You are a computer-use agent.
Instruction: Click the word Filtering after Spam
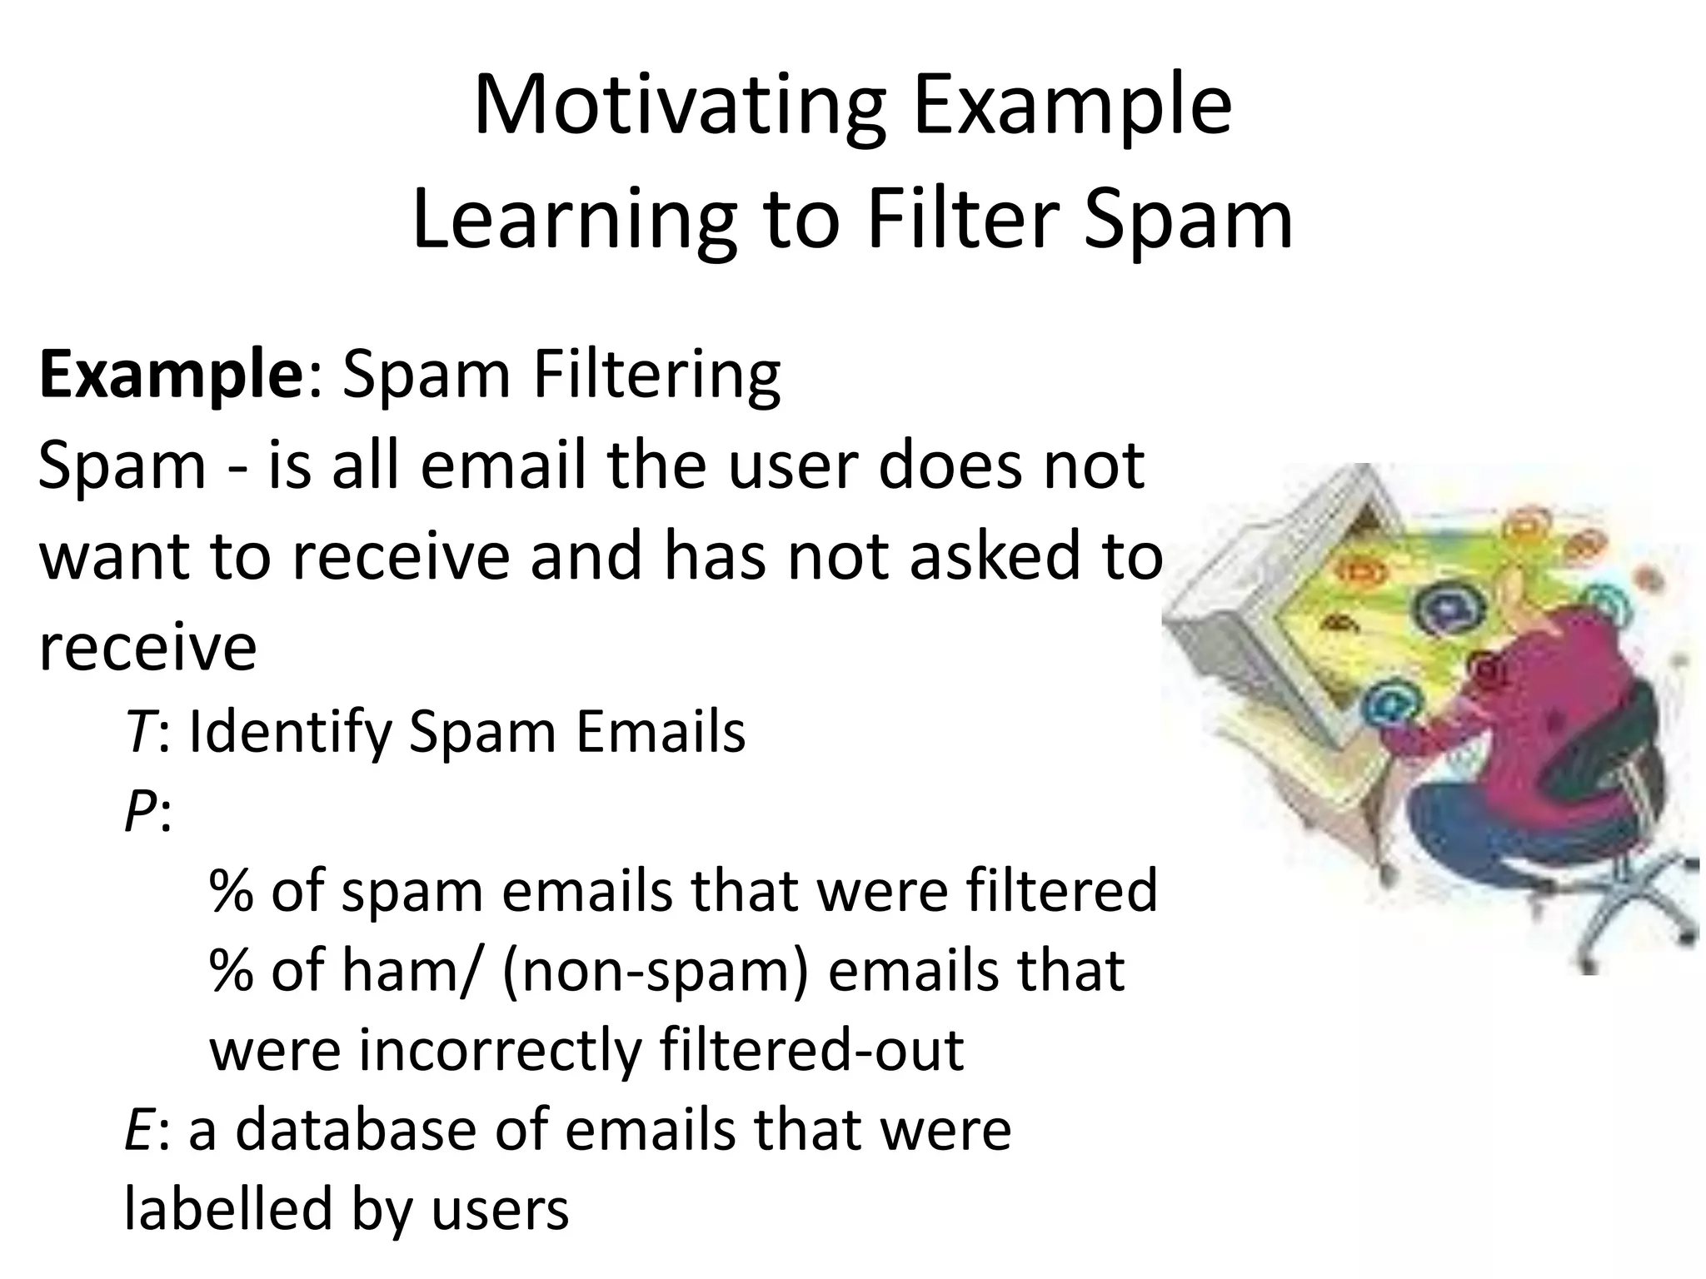656,375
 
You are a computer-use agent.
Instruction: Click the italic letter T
138,732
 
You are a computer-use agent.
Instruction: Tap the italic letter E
137,1131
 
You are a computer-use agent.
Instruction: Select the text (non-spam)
655,971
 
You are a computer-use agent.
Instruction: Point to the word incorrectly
500,1051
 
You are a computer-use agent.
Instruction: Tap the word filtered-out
811,1051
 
